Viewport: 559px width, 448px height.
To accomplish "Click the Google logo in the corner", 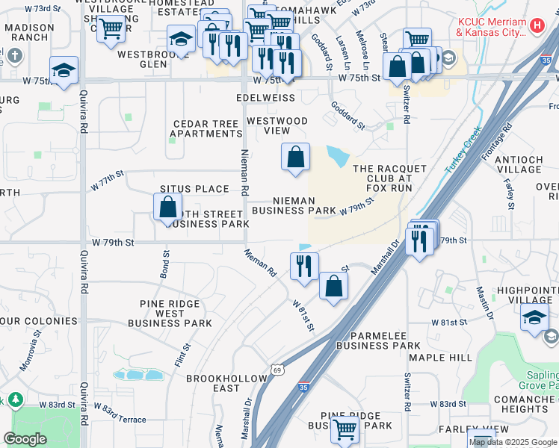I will (25, 439).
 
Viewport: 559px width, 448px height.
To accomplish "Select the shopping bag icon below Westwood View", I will (296, 158).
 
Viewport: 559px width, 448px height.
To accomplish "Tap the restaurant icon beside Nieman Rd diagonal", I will (304, 266).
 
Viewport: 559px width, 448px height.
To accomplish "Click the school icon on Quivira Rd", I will (64, 71).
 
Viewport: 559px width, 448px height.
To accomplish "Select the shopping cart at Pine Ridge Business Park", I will (345, 429).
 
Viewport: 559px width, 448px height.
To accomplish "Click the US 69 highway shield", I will (277, 369).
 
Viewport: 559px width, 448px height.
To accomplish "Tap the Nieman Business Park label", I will (294, 205).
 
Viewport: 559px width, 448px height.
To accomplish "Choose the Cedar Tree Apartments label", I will (206, 128).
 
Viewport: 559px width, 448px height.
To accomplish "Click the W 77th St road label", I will (106, 182).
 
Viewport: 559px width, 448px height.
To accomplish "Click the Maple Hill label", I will (451, 358).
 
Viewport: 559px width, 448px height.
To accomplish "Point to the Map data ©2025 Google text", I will (513, 442).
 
